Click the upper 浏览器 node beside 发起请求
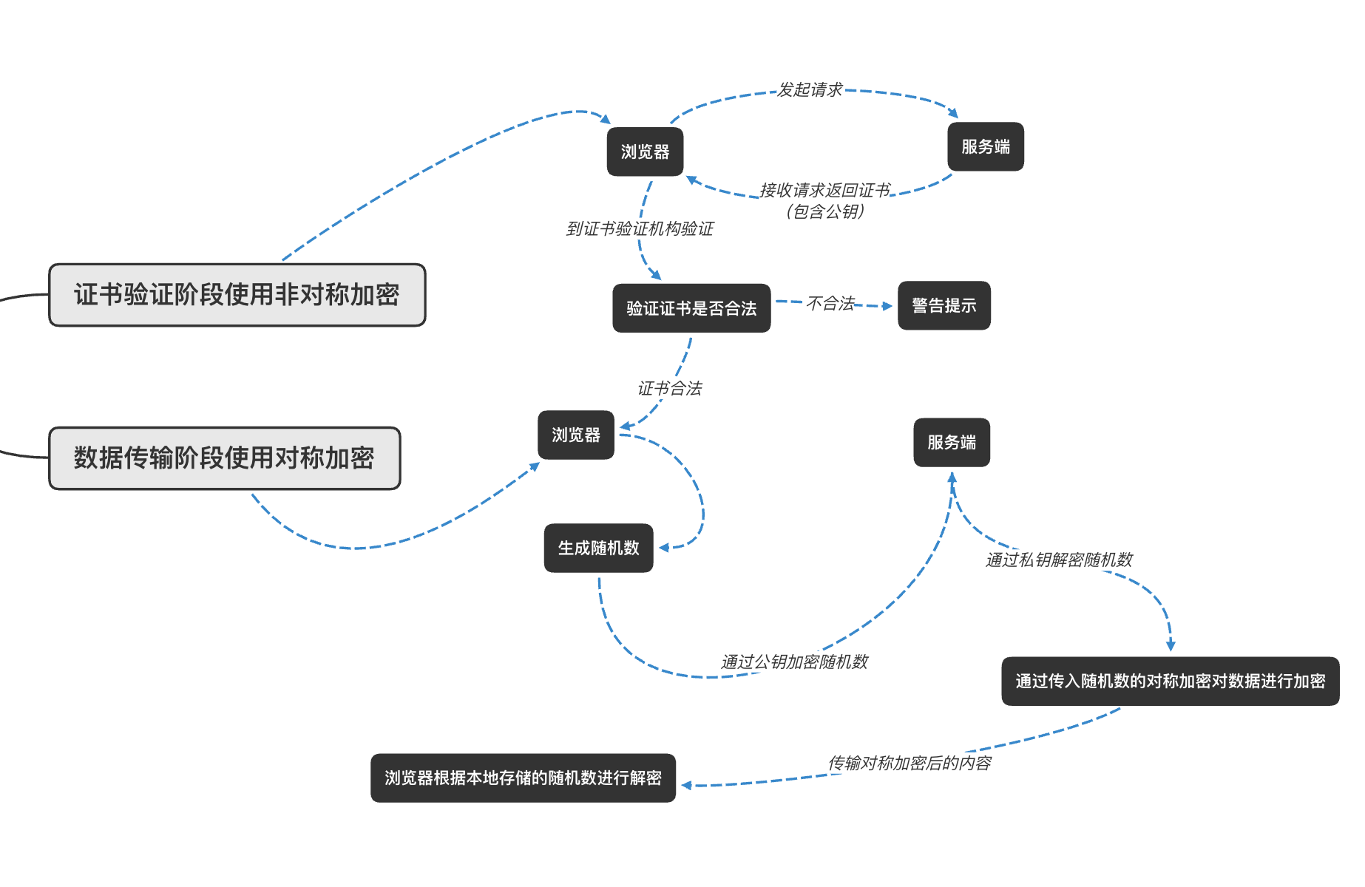[x=645, y=152]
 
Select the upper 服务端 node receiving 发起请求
[x=985, y=147]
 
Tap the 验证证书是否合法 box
[x=691, y=308]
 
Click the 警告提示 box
[x=944, y=305]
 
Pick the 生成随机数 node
[x=598, y=548]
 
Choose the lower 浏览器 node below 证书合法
[x=575, y=435]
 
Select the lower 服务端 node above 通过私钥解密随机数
[x=951, y=443]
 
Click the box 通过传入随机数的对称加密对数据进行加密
[x=1170, y=682]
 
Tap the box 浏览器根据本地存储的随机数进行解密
[x=523, y=778]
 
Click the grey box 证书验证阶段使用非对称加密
[x=237, y=295]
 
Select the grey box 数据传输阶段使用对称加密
[x=224, y=458]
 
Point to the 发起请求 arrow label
[x=810, y=90]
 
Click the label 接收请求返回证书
[x=824, y=191]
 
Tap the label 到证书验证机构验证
[x=640, y=229]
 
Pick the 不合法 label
[x=830, y=304]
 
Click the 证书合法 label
[x=669, y=389]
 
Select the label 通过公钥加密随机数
[x=794, y=662]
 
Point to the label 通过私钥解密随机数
[x=1059, y=560]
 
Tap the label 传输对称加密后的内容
[x=909, y=764]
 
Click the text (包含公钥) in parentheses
[x=824, y=212]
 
